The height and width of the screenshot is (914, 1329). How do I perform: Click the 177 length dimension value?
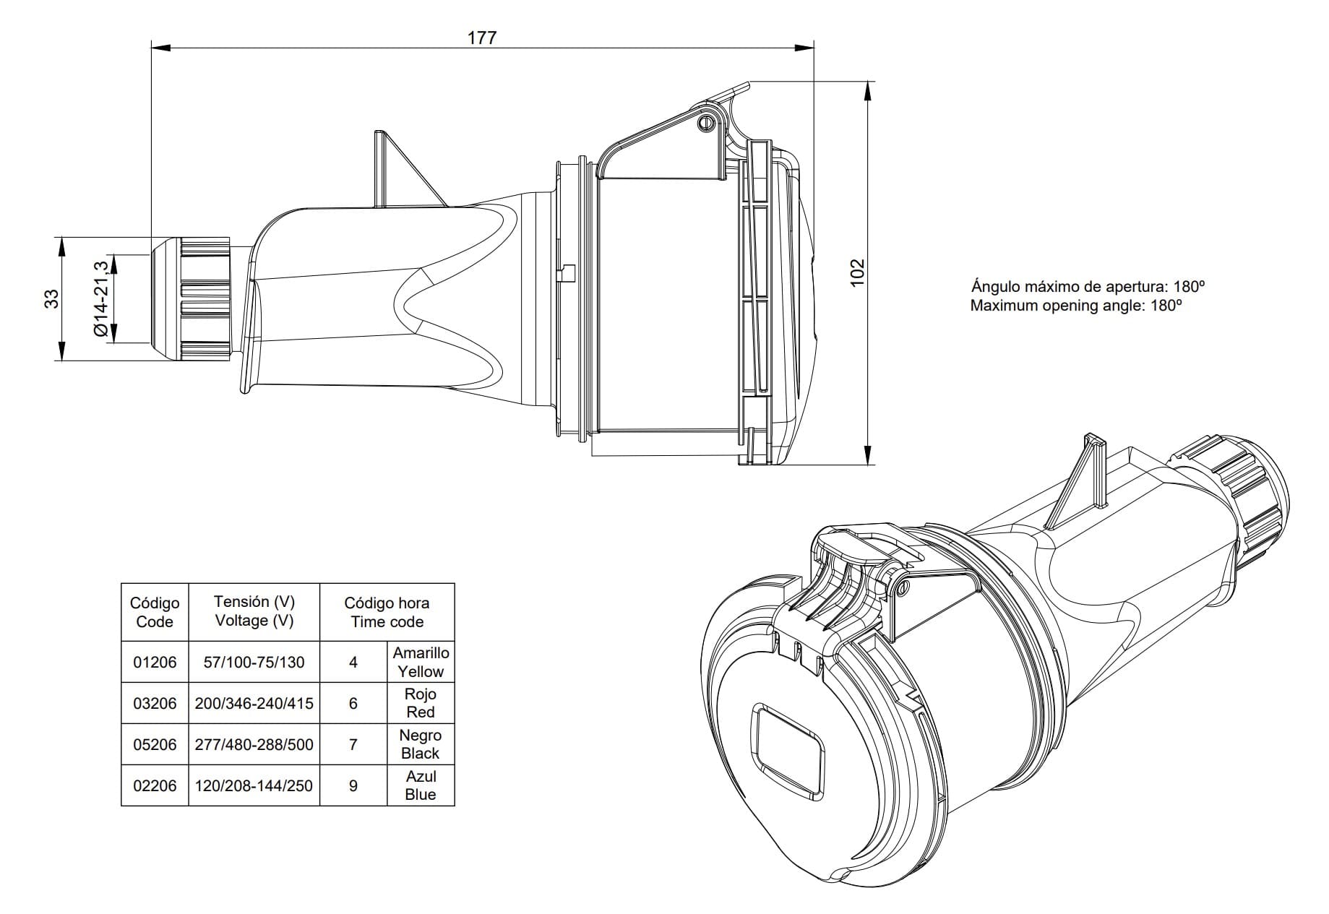pyautogui.click(x=482, y=37)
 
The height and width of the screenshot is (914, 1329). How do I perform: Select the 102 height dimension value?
pyautogui.click(x=857, y=272)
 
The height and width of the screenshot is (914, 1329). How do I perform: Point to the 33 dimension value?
pyautogui.click(x=52, y=298)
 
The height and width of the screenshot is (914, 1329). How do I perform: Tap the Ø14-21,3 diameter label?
pyautogui.click(x=100, y=298)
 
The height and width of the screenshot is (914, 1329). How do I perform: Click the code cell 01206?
pyautogui.click(x=155, y=662)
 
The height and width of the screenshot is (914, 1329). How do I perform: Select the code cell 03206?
pyautogui.click(x=155, y=703)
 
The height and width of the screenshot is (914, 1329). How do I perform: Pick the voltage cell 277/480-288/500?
pyautogui.click(x=254, y=744)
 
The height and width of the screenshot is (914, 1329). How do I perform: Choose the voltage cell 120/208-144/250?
pyautogui.click(x=254, y=785)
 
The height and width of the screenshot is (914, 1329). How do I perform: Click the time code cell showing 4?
pyautogui.click(x=353, y=662)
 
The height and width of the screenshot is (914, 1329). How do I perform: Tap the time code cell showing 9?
pyautogui.click(x=353, y=785)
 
